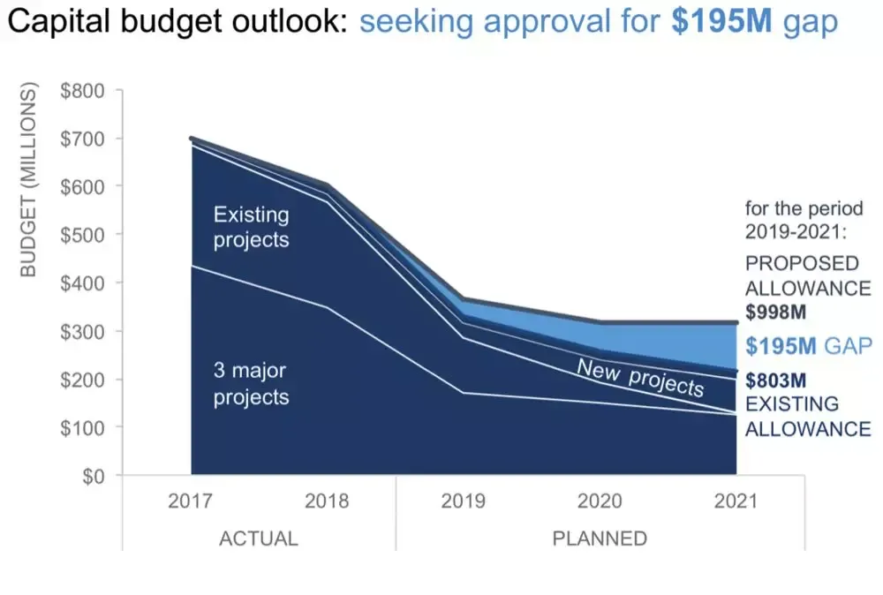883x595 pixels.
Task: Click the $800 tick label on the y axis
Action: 81,91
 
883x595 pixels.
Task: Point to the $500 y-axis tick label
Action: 81,235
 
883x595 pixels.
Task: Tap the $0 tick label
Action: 91,476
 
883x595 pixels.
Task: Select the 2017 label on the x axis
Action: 190,501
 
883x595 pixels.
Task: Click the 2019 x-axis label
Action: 463,501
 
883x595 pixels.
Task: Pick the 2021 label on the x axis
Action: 736,501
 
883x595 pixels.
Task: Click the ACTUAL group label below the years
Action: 258,538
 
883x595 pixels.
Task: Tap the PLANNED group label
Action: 600,538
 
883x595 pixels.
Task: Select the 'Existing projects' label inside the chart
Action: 251,227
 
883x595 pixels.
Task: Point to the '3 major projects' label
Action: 251,384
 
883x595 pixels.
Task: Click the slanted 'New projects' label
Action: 640,377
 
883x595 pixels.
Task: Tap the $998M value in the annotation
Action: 777,313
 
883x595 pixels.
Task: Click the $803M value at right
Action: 777,381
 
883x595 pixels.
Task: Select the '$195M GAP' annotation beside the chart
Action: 808,346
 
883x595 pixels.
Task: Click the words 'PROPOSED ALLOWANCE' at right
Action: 808,275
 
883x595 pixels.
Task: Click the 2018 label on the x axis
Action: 327,501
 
